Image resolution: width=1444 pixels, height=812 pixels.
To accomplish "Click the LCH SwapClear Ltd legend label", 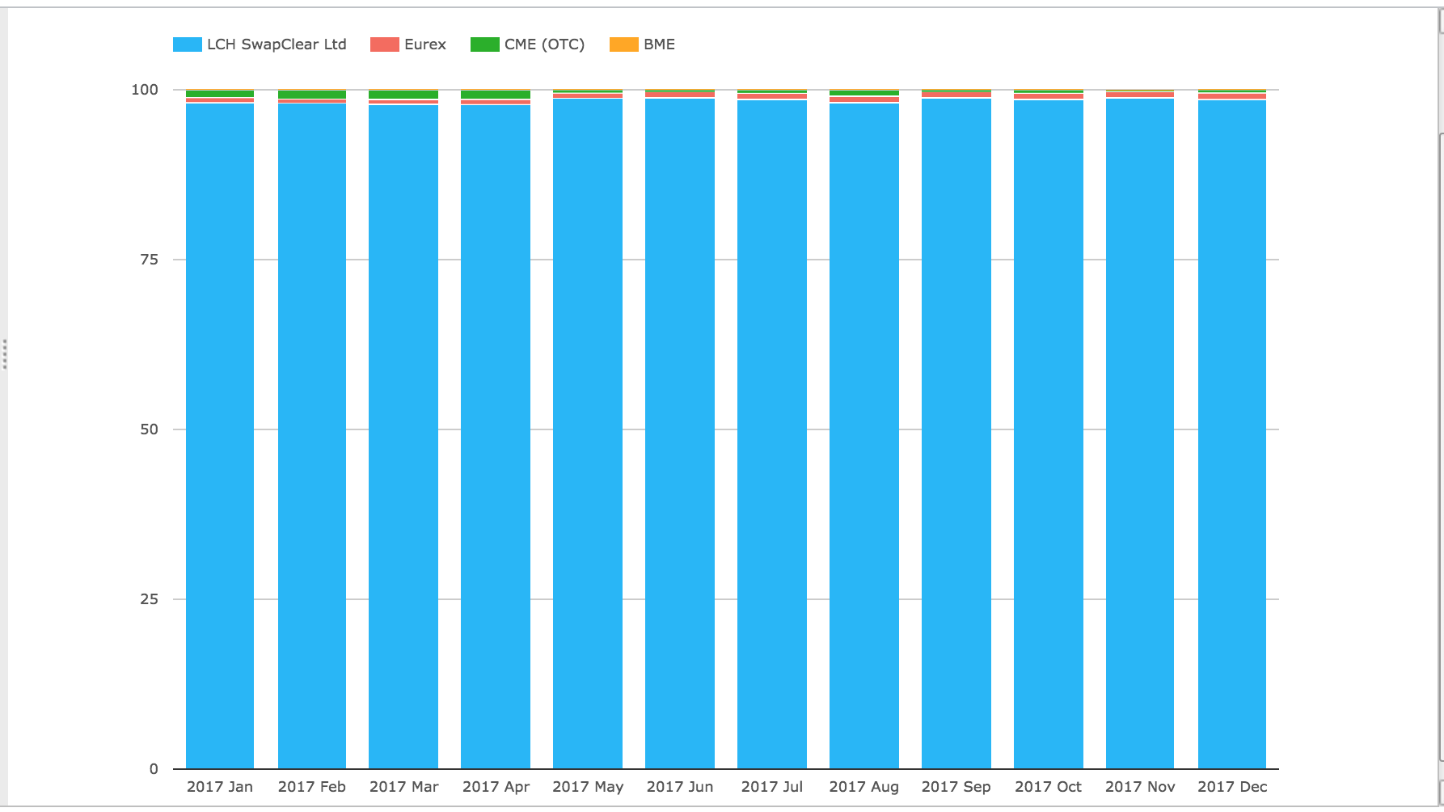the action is [x=277, y=44].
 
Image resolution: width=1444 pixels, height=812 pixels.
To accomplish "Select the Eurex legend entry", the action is [x=425, y=44].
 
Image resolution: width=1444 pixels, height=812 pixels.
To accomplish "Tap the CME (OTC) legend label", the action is [x=544, y=44].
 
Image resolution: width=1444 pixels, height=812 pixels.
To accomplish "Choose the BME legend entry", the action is [x=659, y=44].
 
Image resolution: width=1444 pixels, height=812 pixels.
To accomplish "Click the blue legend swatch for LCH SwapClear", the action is [x=187, y=44].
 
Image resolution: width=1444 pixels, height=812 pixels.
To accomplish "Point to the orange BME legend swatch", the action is [x=623, y=44].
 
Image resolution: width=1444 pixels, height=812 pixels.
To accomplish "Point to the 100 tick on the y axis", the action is [x=145, y=90].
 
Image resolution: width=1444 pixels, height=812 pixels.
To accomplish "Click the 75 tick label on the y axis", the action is [x=150, y=260].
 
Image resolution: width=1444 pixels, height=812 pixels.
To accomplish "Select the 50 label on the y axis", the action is [x=150, y=429].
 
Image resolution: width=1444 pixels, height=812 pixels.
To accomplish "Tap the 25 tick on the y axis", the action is [x=150, y=599].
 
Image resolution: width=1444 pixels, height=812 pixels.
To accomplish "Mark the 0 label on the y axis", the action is [x=154, y=769].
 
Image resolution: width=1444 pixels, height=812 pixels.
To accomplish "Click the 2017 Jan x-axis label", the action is [x=220, y=787].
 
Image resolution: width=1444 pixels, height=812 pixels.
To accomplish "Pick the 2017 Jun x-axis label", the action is [x=680, y=787].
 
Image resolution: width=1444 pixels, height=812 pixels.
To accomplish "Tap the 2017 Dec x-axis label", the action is [x=1232, y=787].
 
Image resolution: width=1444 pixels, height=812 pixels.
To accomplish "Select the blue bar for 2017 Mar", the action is [x=403, y=437].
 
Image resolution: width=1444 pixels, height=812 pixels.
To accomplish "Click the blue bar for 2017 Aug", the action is [x=864, y=436].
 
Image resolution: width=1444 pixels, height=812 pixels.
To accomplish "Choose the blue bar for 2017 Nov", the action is [x=1140, y=433].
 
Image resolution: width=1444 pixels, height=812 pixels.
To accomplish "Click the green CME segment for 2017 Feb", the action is [x=312, y=95].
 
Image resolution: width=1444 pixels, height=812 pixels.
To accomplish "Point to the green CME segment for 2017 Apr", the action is [x=496, y=95].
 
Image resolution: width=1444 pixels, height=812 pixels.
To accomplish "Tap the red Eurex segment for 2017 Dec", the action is [x=1232, y=96].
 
